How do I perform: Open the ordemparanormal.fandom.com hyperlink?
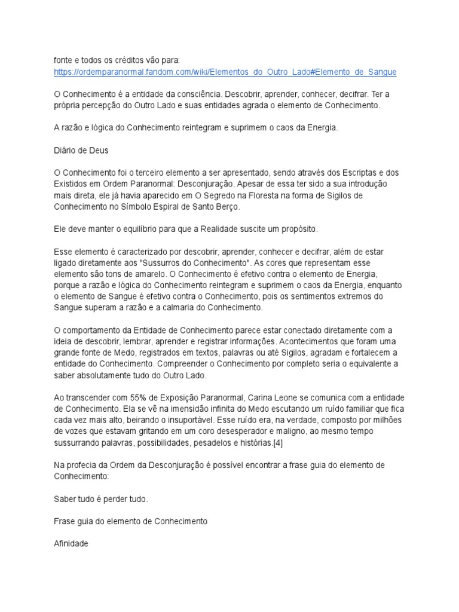[x=225, y=72]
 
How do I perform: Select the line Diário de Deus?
[x=81, y=151]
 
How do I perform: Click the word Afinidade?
[x=71, y=543]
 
